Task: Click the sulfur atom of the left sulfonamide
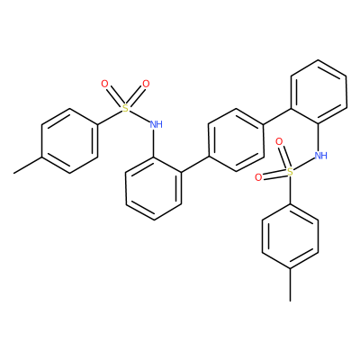tap(126, 108)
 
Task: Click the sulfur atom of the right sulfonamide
tap(290, 172)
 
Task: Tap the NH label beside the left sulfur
tap(157, 124)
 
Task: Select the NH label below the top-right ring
tap(320, 156)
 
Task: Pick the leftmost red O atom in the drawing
tap(104, 85)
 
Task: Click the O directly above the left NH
tap(146, 85)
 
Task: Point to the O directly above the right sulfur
tap(279, 142)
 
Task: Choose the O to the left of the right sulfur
tap(258, 177)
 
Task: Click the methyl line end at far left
tap(13, 173)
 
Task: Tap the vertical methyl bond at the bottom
tap(290, 284)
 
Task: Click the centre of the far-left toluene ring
tap(69, 140)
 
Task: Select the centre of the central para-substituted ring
tap(236, 139)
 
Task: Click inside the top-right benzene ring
tap(319, 92)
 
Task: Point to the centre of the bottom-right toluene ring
tap(290, 236)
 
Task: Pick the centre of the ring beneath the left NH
tap(154, 188)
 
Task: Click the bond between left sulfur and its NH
tap(139, 115)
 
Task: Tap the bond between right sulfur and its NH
tap(303, 165)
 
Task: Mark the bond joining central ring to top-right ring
tap(277, 116)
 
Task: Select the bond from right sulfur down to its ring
tap(290, 191)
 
